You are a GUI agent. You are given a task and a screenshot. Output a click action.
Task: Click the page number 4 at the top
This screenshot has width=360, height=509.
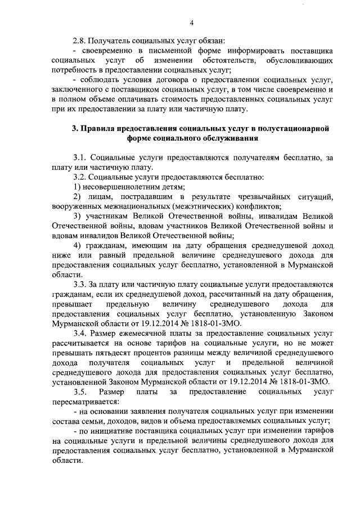192,22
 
